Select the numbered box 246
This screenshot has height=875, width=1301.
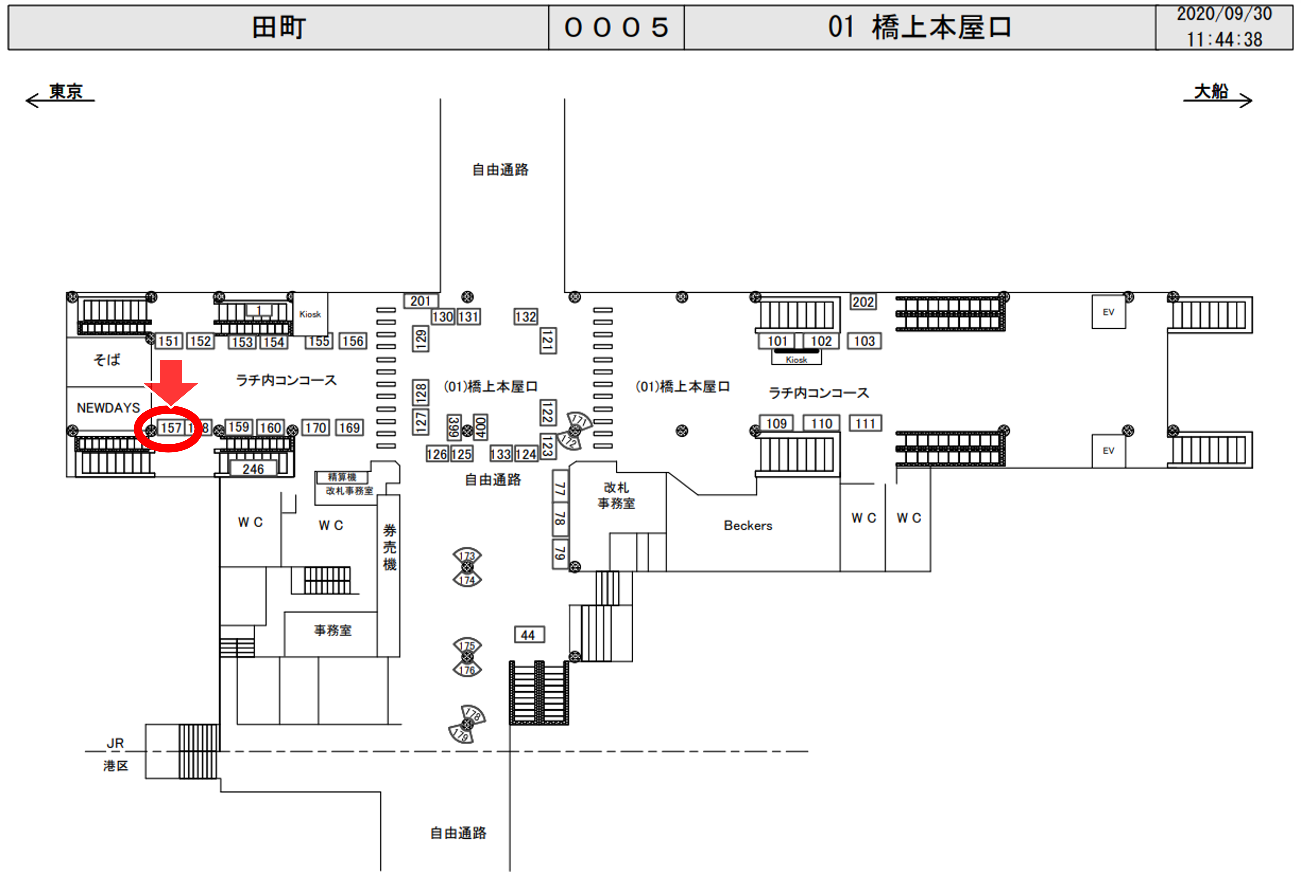[x=253, y=469]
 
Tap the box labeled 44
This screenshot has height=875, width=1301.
[x=528, y=635]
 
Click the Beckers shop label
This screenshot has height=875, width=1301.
[x=748, y=526]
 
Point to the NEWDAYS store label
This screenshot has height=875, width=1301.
[x=108, y=408]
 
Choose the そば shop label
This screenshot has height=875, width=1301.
[x=107, y=360]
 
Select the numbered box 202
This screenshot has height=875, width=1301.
[x=863, y=302]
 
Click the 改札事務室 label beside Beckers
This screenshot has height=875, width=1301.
[x=616, y=495]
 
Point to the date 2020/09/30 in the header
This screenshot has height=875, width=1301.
[x=1224, y=14]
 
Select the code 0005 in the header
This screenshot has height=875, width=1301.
[x=616, y=27]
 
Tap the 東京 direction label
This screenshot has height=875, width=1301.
[x=66, y=91]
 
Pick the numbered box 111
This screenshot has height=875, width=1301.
[x=865, y=424]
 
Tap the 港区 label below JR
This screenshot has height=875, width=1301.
[x=116, y=766]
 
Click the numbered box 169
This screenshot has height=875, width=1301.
[x=349, y=428]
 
